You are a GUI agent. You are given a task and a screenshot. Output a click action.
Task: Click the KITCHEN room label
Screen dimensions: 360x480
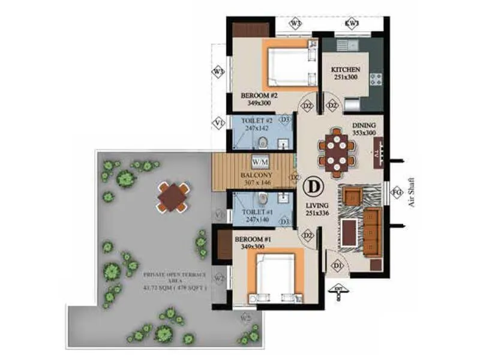pos(346,70)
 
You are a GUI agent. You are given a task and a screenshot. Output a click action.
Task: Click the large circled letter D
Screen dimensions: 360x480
pos(312,186)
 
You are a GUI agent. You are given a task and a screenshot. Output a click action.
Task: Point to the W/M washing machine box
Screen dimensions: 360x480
pos(260,162)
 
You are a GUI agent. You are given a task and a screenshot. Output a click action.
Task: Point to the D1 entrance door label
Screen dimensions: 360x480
pos(337,265)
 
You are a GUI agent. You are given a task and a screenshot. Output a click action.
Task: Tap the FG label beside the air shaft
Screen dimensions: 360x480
pos(396,193)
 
